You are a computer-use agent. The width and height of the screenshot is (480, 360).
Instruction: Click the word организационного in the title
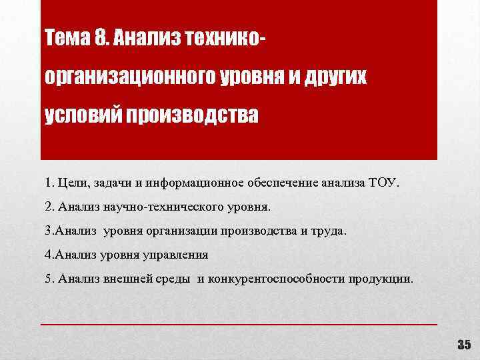click(129, 78)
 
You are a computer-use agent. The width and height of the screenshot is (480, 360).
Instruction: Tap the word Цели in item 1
click(71, 183)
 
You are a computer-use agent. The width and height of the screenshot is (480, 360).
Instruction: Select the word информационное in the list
click(190, 183)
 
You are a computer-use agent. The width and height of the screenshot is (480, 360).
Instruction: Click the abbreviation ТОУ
click(383, 183)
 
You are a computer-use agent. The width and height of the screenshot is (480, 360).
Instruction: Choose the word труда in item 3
click(329, 231)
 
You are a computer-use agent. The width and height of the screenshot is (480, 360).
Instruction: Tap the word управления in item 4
click(177, 254)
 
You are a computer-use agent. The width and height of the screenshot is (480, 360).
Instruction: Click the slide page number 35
click(463, 345)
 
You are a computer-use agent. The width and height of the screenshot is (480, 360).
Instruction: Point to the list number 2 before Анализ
click(49, 207)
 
